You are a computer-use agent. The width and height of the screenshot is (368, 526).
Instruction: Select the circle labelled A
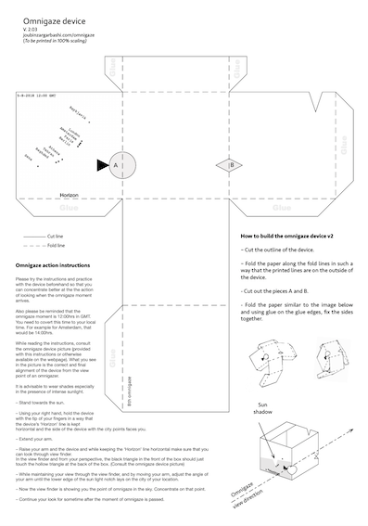click(x=115, y=164)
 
